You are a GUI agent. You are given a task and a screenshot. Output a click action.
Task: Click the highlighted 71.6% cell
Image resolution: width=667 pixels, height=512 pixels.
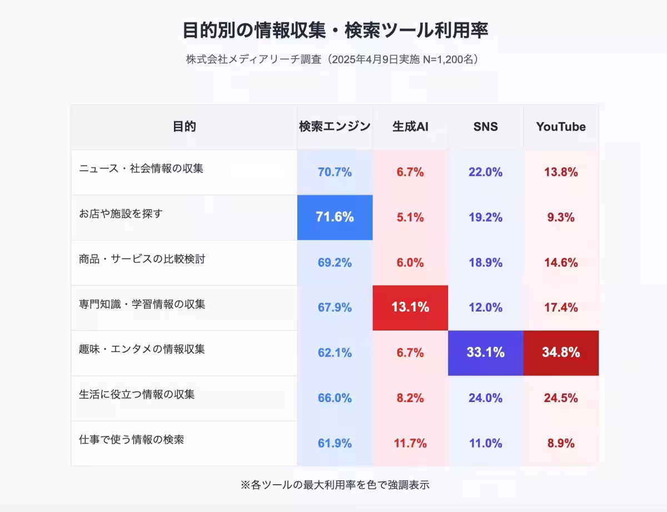click(335, 217)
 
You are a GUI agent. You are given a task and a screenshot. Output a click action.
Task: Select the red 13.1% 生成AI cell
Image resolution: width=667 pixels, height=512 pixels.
click(410, 307)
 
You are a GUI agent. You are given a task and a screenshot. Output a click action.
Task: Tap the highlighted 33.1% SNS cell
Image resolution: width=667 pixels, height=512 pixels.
click(485, 353)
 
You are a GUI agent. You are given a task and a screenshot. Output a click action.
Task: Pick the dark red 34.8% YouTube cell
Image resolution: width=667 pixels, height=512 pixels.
click(561, 353)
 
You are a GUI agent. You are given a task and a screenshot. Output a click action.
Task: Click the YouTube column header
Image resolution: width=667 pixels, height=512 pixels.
click(561, 127)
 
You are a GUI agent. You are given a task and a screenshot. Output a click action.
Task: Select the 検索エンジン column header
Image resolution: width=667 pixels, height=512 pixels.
click(335, 127)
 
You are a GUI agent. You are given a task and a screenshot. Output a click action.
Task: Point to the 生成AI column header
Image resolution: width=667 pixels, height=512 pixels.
click(410, 127)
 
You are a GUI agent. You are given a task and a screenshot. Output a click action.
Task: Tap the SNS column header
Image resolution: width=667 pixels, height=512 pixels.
click(485, 127)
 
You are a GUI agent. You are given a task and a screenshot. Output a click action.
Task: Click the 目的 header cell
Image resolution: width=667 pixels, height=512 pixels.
click(184, 127)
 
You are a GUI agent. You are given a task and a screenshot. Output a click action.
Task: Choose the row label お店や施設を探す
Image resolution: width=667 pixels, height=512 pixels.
click(121, 213)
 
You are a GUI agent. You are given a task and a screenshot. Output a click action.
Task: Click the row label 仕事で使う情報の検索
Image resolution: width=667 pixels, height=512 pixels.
click(131, 440)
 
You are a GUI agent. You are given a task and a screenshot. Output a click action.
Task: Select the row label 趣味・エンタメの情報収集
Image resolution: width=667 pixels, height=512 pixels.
click(142, 349)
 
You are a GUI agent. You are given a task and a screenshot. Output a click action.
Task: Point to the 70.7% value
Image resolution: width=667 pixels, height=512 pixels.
click(335, 172)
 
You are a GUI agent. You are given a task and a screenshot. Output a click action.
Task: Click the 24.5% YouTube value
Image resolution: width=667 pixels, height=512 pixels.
click(561, 398)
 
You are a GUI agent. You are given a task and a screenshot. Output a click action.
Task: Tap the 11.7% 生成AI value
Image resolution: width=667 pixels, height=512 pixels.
click(410, 443)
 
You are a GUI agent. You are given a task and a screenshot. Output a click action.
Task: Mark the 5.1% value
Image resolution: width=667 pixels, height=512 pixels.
click(410, 217)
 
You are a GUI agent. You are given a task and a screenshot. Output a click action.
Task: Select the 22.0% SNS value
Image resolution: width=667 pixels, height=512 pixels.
click(485, 172)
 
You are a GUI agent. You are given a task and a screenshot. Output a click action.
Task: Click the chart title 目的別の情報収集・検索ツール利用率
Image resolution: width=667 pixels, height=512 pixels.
click(335, 31)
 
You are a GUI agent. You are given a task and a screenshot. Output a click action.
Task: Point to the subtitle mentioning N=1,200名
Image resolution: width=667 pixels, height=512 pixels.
click(333, 59)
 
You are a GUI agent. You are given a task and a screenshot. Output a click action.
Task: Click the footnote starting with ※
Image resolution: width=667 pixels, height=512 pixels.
click(335, 485)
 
